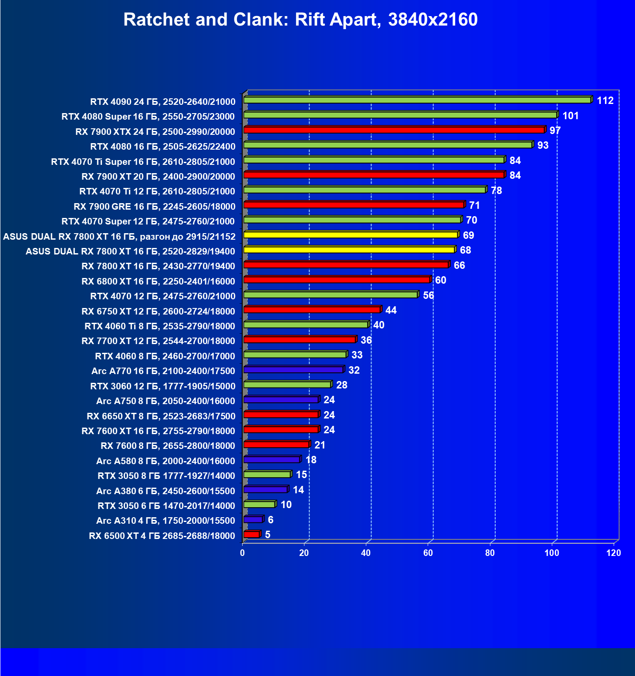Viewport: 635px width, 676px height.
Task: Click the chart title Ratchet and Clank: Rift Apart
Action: click(300, 20)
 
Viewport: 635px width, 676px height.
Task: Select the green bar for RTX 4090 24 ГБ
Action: click(417, 100)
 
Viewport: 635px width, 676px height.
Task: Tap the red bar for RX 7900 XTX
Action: click(394, 130)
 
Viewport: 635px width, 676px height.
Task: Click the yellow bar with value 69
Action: click(350, 235)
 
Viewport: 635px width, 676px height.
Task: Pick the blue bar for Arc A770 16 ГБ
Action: click(293, 370)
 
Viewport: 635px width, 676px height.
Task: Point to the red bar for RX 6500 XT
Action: click(251, 534)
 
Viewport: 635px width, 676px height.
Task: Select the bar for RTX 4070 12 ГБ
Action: click(330, 295)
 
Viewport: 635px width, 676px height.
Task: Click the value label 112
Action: click(605, 100)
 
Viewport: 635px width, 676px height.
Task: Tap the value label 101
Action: click(571, 116)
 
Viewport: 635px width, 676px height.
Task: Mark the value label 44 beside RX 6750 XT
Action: click(391, 310)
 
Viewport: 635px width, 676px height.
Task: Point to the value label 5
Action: click(267, 534)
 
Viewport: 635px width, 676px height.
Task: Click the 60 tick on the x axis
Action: click(428, 553)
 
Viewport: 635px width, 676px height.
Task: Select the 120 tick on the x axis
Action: click(614, 553)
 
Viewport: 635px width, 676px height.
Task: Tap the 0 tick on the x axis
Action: click(243, 553)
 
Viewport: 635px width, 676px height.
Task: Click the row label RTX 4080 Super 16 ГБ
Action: click(148, 117)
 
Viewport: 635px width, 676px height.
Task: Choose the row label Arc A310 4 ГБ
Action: click(166, 521)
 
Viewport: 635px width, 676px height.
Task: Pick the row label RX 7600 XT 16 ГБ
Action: click(158, 431)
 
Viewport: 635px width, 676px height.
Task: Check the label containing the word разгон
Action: click(119, 237)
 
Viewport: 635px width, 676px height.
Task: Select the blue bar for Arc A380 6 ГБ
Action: click(265, 489)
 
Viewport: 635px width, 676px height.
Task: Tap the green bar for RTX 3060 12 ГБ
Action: click(287, 385)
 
